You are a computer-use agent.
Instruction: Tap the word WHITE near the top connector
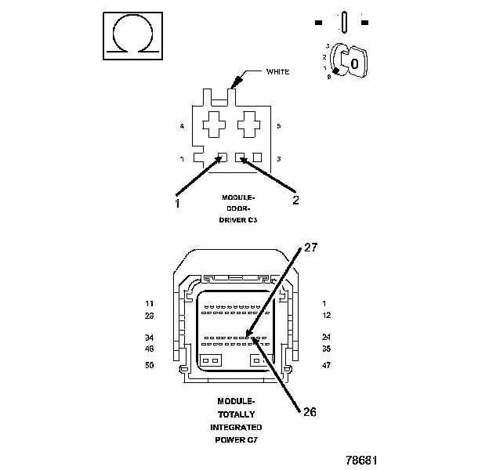pyautogui.click(x=278, y=71)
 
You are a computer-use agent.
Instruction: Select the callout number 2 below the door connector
pyautogui.click(x=295, y=200)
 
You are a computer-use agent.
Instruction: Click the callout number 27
pyautogui.click(x=310, y=247)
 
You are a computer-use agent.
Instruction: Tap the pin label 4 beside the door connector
pyautogui.click(x=182, y=126)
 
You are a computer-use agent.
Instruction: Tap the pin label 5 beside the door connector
pyautogui.click(x=279, y=126)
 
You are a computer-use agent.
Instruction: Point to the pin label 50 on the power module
pyautogui.click(x=150, y=365)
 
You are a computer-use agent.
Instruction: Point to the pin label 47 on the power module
pyautogui.click(x=326, y=365)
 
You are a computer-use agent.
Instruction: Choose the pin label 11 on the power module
pyautogui.click(x=150, y=303)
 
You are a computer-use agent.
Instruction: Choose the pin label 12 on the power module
pyautogui.click(x=326, y=315)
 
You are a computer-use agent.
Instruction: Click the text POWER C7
pyautogui.click(x=235, y=440)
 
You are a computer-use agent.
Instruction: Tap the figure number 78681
pyautogui.click(x=361, y=459)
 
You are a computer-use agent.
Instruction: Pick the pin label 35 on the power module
pyautogui.click(x=326, y=349)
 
